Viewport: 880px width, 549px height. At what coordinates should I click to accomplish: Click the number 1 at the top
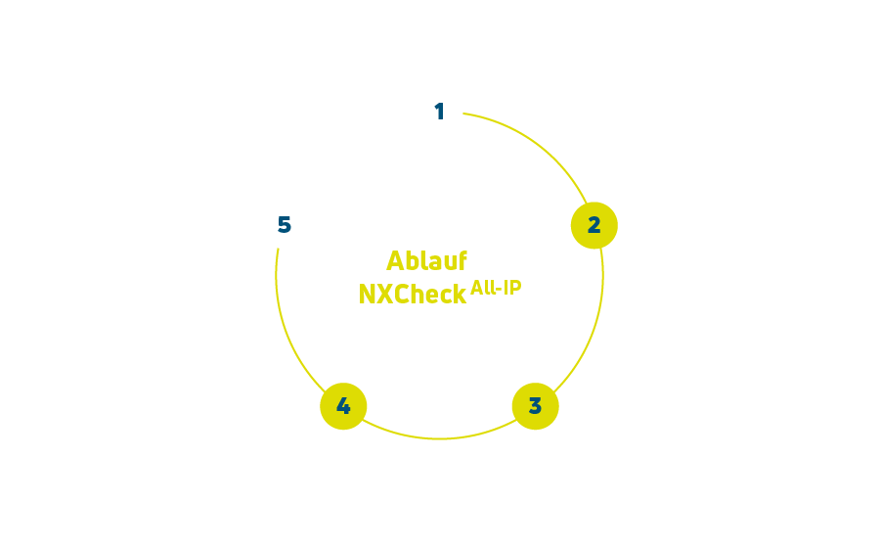pos(440,112)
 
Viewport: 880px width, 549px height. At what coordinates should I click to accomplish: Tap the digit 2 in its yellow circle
pos(594,225)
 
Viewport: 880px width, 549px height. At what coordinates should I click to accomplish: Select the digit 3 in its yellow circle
pos(535,406)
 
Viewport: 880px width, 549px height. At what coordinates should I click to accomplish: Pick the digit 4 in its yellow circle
pos(343,406)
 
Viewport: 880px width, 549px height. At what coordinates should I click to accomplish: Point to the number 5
pos(285,225)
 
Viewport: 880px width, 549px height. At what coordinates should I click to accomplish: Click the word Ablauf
pos(426,261)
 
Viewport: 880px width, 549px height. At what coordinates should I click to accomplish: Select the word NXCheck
pos(413,294)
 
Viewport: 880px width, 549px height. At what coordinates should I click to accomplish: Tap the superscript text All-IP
pos(496,288)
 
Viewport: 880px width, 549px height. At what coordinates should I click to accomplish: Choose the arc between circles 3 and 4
pos(439,438)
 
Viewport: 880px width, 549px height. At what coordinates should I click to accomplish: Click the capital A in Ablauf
pos(396,261)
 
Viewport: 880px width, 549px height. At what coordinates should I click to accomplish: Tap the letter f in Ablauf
pos(462,260)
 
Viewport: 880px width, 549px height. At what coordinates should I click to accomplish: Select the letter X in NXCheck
pos(386,294)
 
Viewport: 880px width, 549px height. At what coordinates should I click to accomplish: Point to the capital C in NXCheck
pos(403,294)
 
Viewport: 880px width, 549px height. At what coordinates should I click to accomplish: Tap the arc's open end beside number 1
pos(464,114)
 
